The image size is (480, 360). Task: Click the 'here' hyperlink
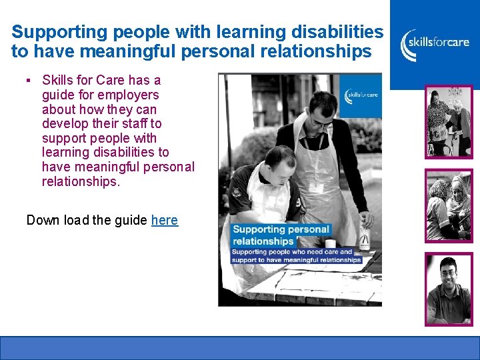pos(165,220)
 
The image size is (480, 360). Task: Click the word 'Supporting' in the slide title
pos(50,32)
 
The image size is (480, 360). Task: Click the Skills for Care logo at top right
pos(434,44)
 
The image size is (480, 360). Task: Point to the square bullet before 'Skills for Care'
pos(29,81)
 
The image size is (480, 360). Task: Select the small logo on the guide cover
pos(362,95)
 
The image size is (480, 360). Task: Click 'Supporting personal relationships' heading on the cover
pos(280,235)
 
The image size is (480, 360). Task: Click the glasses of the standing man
pos(321,123)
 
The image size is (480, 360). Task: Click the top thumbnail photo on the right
pos(449,121)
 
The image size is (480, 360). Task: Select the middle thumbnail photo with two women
pos(449,205)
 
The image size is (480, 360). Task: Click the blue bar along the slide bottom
pos(240,347)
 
